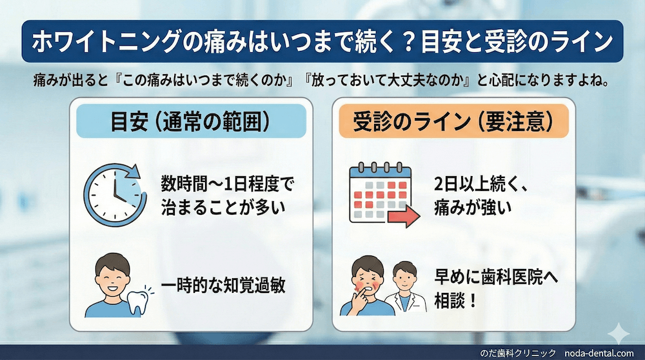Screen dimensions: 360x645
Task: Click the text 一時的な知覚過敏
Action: tap(223, 284)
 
